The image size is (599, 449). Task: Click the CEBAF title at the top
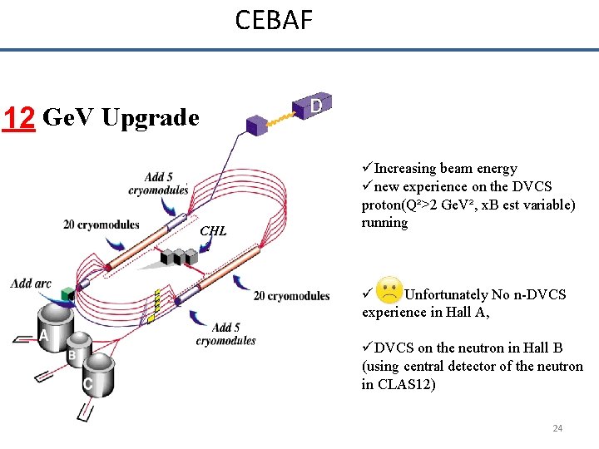[274, 19]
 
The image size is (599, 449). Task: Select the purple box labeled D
[314, 106]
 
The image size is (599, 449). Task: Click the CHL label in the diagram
[213, 230]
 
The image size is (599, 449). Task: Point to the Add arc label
[31, 284]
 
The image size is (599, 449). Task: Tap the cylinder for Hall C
[97, 374]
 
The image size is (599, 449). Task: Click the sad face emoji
[389, 291]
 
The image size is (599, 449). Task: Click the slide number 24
[557, 428]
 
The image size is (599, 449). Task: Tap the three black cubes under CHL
[176, 255]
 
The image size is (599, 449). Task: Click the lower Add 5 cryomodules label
[225, 334]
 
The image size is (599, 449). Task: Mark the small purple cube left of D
[257, 125]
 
